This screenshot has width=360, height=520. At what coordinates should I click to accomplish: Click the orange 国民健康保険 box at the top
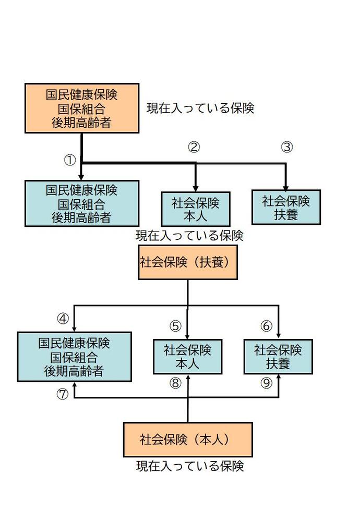(82, 108)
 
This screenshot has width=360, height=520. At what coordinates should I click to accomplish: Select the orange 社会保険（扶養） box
(188, 262)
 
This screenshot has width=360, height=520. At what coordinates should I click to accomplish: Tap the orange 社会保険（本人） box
(188, 440)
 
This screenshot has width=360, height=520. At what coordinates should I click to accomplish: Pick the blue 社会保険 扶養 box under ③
(286, 207)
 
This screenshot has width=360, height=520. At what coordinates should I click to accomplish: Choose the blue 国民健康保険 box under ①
(82, 203)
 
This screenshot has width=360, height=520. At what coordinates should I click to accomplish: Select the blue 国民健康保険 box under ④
(74, 357)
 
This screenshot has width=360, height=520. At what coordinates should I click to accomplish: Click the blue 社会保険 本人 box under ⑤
(187, 357)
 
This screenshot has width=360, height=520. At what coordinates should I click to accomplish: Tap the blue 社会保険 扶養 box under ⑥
(278, 357)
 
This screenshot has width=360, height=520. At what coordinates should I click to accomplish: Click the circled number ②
(194, 147)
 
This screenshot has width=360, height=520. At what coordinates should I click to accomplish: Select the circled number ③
(286, 147)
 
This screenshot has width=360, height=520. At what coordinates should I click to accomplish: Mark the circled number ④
(63, 318)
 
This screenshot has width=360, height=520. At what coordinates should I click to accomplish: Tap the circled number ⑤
(175, 326)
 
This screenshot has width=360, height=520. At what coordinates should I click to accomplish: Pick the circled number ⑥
(267, 326)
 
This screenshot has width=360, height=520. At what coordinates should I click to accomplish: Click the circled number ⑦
(63, 395)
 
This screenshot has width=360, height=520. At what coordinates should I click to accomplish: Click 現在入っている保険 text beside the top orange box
(200, 108)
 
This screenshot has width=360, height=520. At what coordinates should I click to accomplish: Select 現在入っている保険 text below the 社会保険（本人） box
(190, 466)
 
